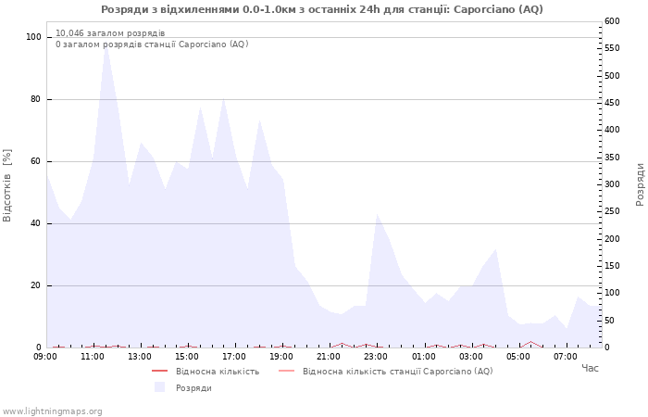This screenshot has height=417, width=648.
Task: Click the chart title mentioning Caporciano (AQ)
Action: click(322, 9)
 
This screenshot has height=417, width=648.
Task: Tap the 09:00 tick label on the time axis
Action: click(45, 357)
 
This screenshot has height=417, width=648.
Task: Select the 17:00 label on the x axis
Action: click(235, 357)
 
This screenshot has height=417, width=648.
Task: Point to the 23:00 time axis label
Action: click(377, 357)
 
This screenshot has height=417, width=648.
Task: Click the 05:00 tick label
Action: click(518, 357)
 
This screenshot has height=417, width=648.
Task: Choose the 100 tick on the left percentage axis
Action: click(33, 37)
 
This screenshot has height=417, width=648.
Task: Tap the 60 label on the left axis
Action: click(35, 161)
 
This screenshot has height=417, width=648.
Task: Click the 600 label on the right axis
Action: click(612, 21)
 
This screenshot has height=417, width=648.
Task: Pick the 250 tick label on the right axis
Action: click(612, 211)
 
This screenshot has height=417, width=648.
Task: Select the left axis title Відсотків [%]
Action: click(7, 185)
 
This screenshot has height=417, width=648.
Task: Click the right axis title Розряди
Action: click(641, 184)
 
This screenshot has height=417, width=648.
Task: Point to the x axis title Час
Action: click(590, 368)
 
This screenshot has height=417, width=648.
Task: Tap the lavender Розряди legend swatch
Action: click(159, 387)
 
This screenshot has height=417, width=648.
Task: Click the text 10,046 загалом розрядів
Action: click(110, 33)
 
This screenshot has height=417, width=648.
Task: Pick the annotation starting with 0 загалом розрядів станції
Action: click(152, 44)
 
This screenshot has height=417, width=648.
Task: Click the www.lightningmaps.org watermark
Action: click(52, 411)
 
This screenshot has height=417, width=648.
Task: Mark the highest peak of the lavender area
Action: click(106, 46)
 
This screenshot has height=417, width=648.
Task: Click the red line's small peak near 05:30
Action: click(530, 342)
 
